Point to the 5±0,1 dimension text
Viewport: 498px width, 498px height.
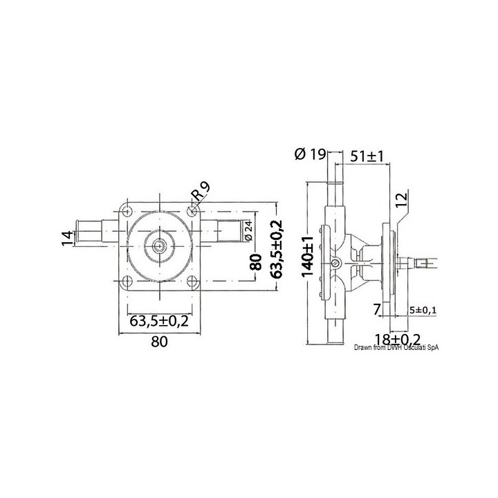[423, 310]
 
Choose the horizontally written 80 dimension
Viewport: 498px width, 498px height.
[159, 341]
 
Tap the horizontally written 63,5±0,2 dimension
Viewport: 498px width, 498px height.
[160, 320]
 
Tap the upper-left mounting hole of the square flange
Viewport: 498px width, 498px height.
[126, 207]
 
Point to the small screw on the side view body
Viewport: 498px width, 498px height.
[337, 262]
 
